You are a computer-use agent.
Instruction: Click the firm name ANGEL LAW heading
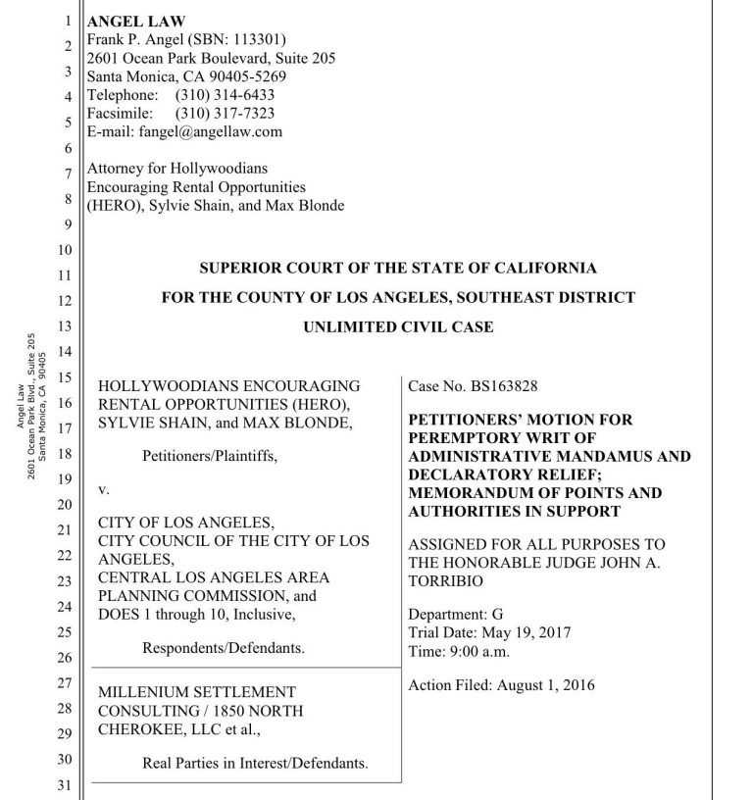point(136,22)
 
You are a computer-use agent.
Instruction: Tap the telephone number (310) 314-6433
point(225,95)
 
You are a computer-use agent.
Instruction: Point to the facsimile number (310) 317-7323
point(225,113)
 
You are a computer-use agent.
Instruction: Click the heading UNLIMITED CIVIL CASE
point(398,327)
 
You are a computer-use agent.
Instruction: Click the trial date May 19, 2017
point(523,633)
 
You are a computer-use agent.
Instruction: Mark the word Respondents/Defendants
point(224,648)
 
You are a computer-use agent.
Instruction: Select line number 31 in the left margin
point(68,785)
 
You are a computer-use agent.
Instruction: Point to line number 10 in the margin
point(68,249)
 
